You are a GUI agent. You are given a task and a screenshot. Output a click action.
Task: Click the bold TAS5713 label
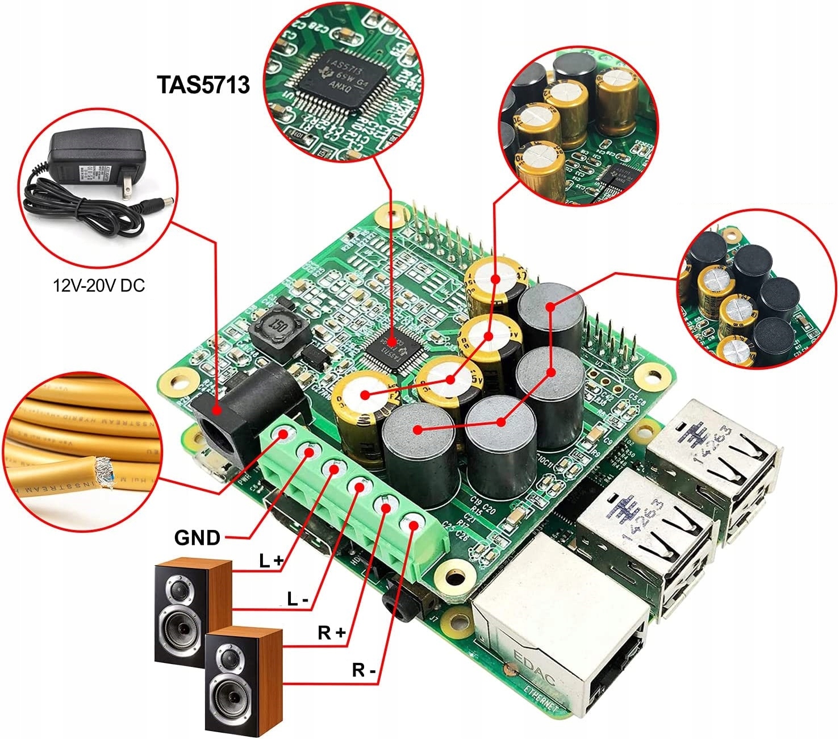click(203, 85)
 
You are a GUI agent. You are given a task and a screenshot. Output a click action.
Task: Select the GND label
click(197, 537)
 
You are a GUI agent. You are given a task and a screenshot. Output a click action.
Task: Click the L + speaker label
click(271, 561)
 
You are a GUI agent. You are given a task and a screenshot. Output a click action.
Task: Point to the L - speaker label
click(298, 598)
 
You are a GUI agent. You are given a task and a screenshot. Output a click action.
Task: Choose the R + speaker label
click(332, 632)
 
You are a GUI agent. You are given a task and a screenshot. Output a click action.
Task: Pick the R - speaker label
click(364, 670)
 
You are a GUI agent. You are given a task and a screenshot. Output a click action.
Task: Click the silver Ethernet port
click(560, 631)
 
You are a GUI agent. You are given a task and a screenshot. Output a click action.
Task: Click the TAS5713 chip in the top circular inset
click(341, 80)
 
